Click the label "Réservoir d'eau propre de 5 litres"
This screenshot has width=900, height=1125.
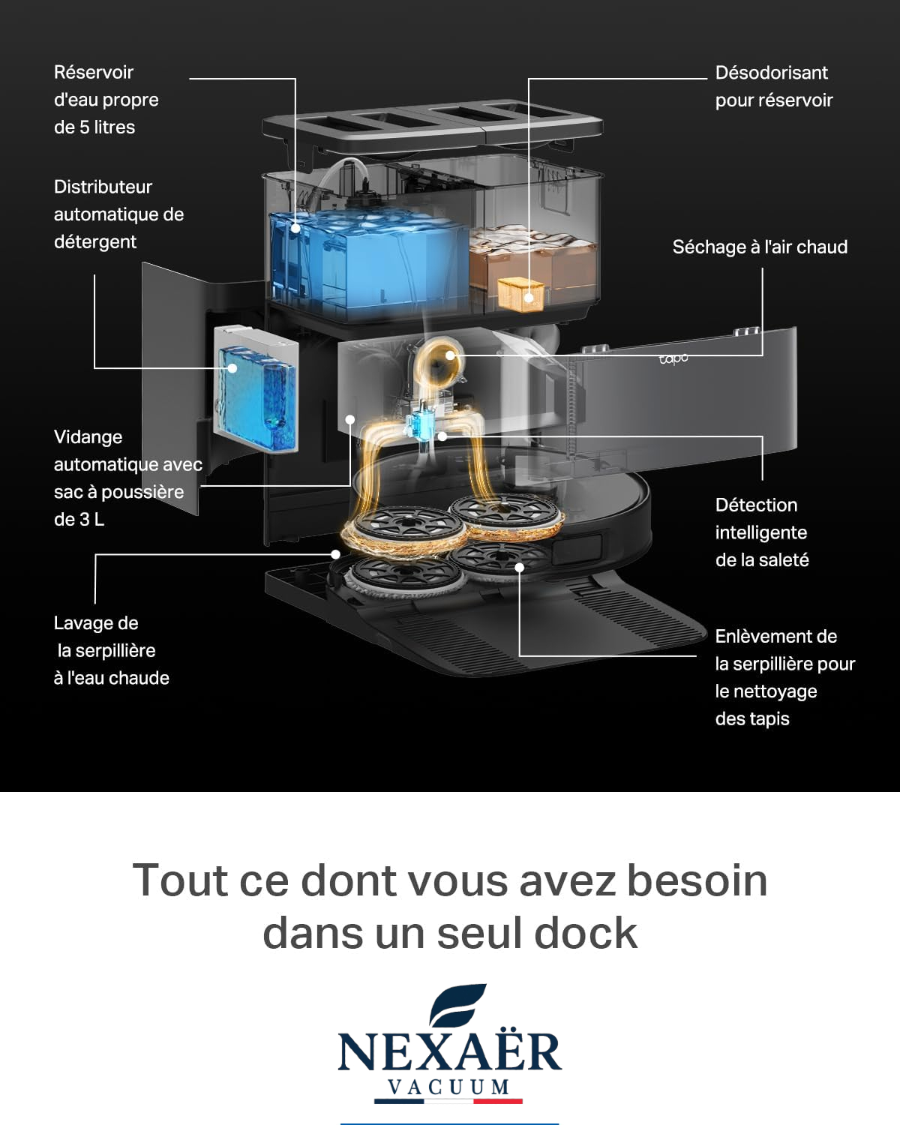click(106, 99)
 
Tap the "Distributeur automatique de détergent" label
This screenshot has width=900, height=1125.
click(118, 214)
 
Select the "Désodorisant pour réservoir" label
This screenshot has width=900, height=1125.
click(774, 86)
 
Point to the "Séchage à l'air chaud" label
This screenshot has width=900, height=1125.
click(760, 247)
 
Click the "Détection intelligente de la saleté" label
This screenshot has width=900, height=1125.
click(762, 532)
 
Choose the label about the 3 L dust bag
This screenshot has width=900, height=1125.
click(128, 478)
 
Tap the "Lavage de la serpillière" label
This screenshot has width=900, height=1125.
click(112, 650)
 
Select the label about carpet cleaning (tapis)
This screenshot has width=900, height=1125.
click(785, 677)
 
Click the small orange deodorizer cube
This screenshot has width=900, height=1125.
click(521, 294)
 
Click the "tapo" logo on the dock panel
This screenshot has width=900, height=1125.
click(673, 358)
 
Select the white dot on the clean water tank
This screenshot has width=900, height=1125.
click(295, 229)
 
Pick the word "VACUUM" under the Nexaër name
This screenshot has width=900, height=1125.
click(448, 1087)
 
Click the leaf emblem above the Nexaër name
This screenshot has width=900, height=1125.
click(457, 1004)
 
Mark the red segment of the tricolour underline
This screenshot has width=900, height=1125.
click(498, 1101)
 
